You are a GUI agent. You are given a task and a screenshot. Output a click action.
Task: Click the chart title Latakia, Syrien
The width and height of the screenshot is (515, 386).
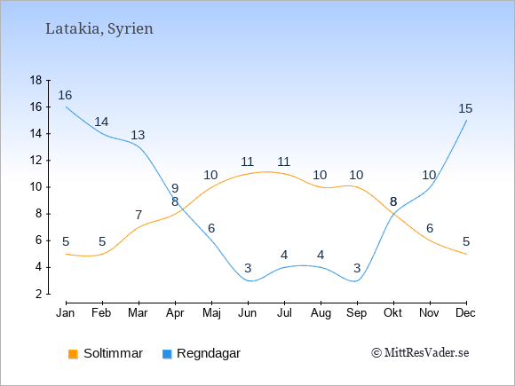pos(99,29)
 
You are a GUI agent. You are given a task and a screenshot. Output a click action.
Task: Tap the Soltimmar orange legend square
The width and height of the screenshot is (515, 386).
pos(73,354)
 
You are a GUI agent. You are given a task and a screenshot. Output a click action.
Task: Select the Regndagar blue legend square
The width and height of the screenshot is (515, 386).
pos(167,354)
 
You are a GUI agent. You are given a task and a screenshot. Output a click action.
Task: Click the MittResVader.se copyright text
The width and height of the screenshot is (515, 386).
pos(420,353)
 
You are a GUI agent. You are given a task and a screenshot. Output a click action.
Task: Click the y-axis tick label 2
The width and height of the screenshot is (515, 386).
pos(39,294)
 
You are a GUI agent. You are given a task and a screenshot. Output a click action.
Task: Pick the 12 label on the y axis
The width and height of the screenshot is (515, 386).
pos(36,161)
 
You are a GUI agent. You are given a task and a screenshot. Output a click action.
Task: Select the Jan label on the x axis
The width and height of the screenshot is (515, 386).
pos(66,313)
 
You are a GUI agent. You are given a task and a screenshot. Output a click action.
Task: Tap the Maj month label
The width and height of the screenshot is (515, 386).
pos(211,313)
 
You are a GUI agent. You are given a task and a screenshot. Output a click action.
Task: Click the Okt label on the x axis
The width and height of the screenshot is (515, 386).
pos(392,313)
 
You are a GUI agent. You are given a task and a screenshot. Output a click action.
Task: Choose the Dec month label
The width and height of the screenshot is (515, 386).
pos(465,313)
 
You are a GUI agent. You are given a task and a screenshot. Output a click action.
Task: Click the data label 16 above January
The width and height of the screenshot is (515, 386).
pos(65,95)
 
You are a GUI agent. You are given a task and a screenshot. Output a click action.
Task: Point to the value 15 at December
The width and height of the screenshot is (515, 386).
pos(465,108)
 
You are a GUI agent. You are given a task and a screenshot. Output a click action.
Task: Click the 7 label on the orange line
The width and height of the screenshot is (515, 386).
pos(139,215)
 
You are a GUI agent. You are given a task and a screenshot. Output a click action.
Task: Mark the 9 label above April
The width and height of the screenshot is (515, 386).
pos(175,188)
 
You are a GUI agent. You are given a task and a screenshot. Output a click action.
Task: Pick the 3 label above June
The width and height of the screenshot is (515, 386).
pos(248,268)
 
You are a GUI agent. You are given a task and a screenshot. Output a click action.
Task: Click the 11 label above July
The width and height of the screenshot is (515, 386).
pos(283,161)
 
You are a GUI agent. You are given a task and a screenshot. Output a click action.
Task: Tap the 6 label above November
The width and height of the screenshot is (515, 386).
pos(430,228)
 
